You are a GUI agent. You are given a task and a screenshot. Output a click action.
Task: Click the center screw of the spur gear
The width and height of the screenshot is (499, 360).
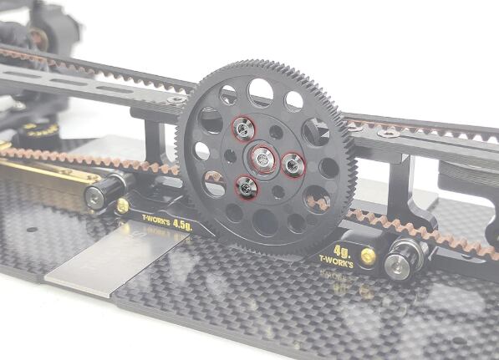click(262, 159)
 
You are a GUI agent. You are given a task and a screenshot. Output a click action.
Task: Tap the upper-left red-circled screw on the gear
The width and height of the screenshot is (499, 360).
click(244, 129)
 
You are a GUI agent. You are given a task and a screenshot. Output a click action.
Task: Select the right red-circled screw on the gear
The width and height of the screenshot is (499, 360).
click(293, 165)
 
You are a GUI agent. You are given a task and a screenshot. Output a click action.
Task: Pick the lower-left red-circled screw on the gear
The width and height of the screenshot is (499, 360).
click(247, 188)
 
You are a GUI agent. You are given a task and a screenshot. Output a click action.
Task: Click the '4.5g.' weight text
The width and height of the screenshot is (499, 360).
click(183, 226)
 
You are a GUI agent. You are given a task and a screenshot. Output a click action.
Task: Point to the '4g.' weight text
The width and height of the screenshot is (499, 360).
click(342, 251)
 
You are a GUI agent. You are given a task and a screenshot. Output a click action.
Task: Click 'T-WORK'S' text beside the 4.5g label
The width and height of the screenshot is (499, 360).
click(156, 220)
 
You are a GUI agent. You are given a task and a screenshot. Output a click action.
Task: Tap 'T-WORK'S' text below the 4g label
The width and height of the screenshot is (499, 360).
click(336, 261)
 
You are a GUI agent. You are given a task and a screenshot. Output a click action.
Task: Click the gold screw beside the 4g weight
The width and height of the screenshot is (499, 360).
click(369, 256)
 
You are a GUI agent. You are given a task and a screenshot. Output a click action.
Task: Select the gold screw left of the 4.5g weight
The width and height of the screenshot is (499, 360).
click(123, 205)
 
